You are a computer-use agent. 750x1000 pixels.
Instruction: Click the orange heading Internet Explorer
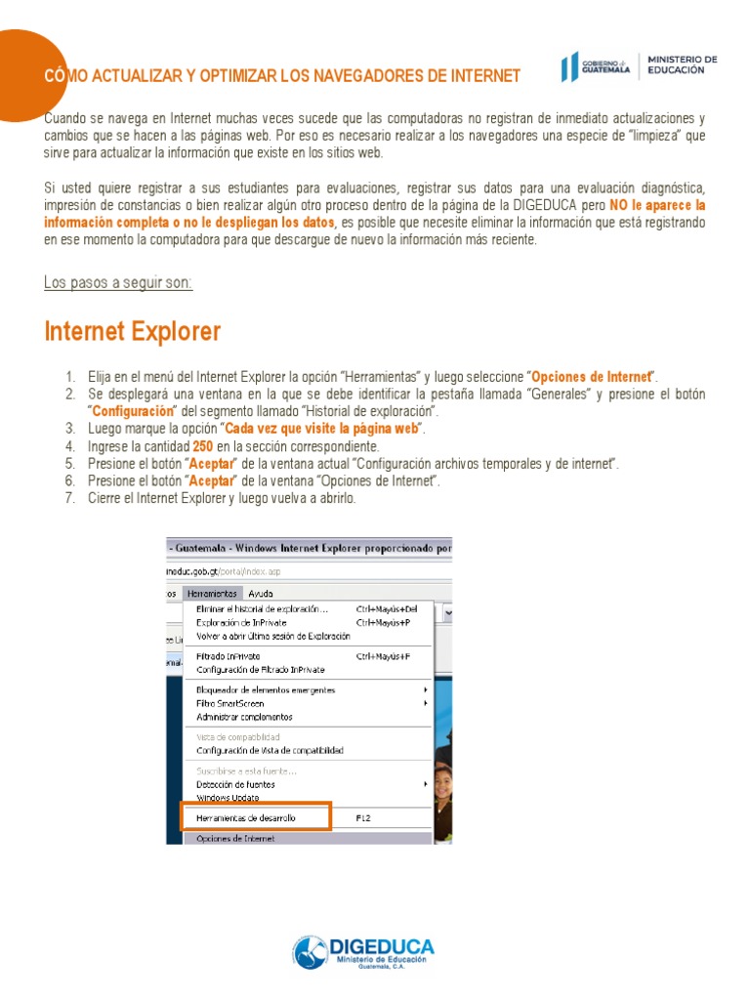(133, 332)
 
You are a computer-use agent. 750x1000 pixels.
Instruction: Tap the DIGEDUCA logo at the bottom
(363, 952)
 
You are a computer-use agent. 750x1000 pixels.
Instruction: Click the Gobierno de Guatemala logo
(597, 67)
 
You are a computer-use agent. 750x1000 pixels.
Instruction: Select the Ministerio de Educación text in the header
(683, 64)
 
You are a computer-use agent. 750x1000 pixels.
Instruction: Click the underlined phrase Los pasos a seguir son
(118, 283)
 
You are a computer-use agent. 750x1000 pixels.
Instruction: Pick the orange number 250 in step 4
(203, 446)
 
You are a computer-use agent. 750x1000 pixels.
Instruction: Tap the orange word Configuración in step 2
(132, 411)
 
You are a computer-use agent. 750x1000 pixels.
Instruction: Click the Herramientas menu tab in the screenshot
(211, 593)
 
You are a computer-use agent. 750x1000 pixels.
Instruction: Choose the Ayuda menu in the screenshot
(261, 593)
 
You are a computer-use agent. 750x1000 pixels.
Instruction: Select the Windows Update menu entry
(228, 797)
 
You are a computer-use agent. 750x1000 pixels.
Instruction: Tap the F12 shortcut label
(364, 817)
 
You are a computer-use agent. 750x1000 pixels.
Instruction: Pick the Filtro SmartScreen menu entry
(230, 703)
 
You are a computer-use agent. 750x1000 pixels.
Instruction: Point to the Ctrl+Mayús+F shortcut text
(382, 656)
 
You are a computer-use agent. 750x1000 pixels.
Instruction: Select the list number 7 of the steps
(69, 499)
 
